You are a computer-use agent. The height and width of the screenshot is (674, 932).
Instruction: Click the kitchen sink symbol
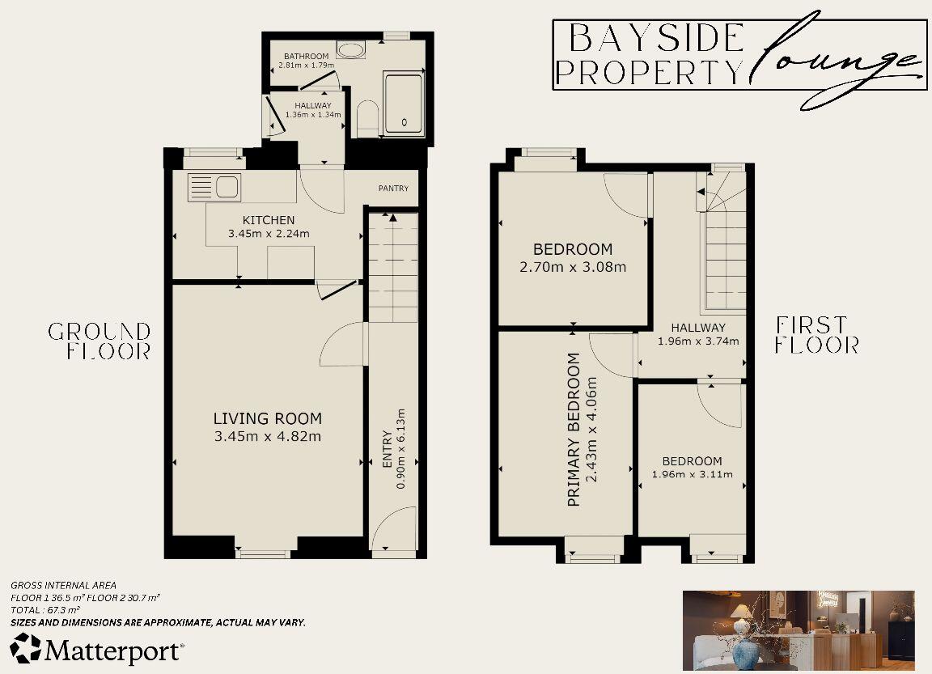(214, 188)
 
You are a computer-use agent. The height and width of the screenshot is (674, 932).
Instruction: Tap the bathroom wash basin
(350, 50)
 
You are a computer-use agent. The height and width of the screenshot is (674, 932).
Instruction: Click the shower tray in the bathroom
(402, 103)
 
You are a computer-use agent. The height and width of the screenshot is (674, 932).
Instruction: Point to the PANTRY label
(393, 189)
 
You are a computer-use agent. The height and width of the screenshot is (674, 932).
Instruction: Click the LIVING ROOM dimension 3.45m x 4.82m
(268, 437)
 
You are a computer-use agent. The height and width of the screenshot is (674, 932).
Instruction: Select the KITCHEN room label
(269, 220)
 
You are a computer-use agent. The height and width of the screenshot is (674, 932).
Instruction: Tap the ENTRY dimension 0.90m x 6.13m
(400, 458)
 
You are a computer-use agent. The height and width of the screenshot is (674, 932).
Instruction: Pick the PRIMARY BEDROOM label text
(574, 429)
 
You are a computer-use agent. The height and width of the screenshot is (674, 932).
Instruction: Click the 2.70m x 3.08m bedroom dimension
(572, 267)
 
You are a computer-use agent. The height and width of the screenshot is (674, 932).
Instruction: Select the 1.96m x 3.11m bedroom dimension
(692, 474)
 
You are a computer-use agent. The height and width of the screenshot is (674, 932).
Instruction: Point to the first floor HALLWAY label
(698, 328)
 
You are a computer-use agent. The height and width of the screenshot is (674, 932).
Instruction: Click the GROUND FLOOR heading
(100, 341)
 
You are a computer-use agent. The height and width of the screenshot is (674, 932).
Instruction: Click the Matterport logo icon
(25, 649)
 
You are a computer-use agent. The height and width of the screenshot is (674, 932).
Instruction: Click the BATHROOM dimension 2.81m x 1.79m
(304, 65)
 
